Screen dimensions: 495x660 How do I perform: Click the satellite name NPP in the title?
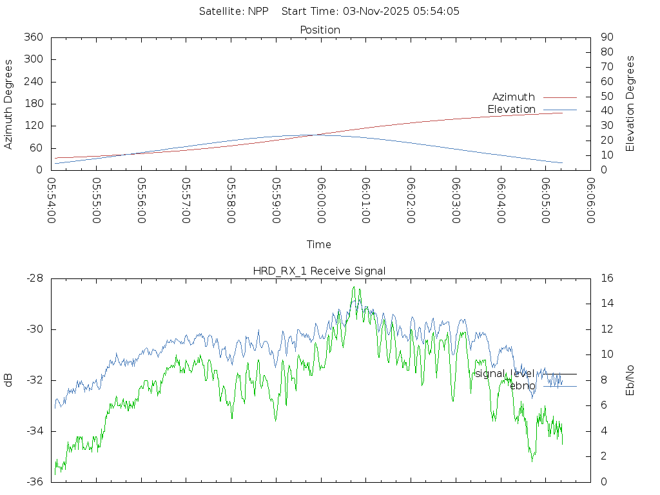tap(258, 11)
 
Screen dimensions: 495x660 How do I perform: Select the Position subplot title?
tap(320, 30)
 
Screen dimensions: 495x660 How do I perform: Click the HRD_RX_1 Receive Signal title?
tap(319, 271)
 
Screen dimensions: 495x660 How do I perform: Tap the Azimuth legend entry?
tap(514, 97)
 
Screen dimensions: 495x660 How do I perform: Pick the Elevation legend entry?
tap(512, 110)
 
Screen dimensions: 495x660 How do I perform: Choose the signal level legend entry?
tap(505, 374)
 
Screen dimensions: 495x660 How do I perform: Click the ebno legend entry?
tap(523, 385)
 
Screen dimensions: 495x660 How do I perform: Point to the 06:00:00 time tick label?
tap(321, 200)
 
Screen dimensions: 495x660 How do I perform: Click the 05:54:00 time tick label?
tap(52, 200)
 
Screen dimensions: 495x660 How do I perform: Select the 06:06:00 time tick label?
tap(590, 200)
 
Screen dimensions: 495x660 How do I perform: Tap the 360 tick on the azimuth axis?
tap(34, 37)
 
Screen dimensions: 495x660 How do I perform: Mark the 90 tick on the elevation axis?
tap(606, 37)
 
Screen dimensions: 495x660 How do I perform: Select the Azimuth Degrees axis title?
tap(9, 104)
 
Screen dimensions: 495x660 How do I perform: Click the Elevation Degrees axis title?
tap(630, 104)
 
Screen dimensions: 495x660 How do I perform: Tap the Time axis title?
tap(319, 244)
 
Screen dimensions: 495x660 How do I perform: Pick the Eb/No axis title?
tap(630, 380)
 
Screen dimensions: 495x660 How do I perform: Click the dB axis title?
tap(9, 380)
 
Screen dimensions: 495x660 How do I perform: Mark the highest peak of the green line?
tap(353, 287)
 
